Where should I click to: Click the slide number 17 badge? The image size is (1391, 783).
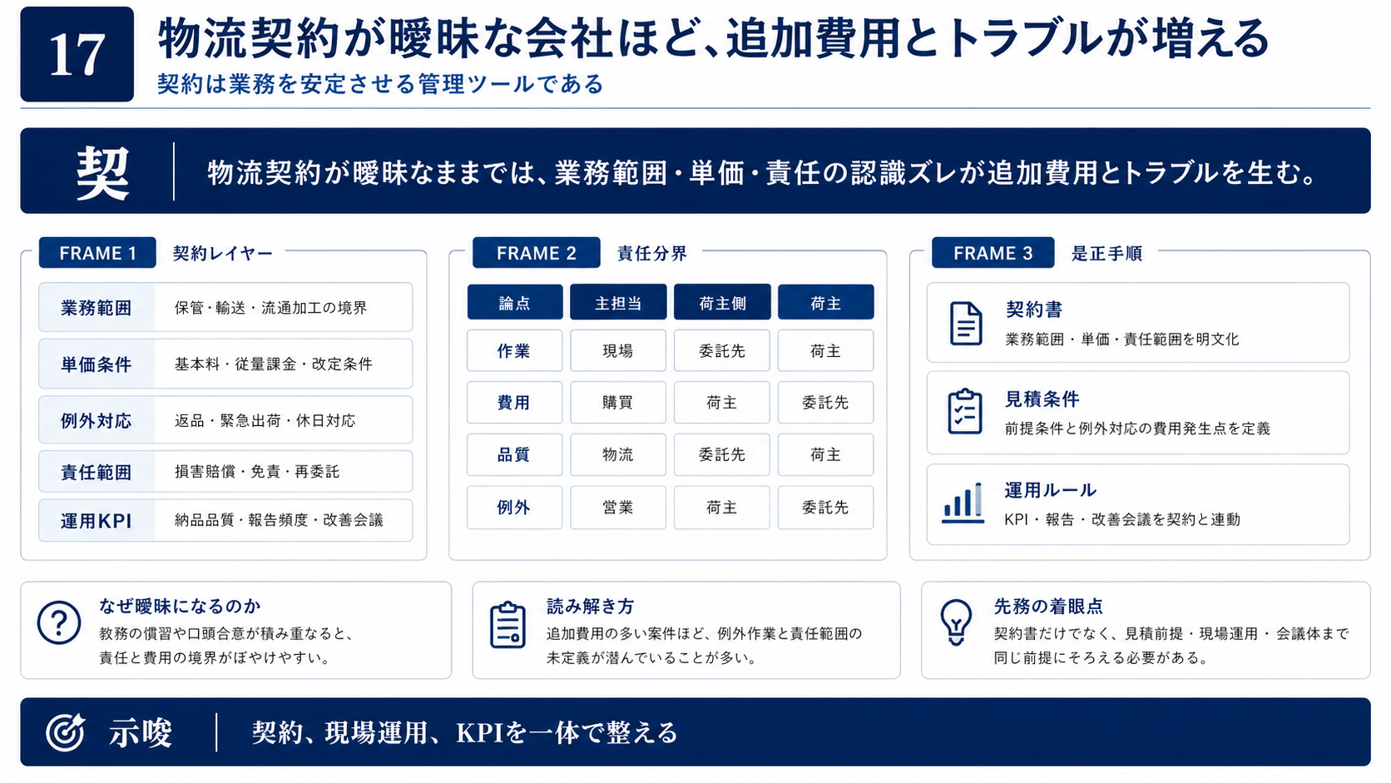point(77,54)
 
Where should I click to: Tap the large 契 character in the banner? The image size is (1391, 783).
point(102,173)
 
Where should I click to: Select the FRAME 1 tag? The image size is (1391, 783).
point(97,253)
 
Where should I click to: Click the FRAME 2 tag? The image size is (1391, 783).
point(537,253)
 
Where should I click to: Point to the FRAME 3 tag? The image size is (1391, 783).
point(993,253)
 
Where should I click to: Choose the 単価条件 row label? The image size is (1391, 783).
point(97,364)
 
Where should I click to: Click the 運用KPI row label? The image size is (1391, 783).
point(97,520)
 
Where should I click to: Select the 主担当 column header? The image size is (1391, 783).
point(618,302)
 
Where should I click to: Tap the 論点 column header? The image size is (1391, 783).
point(515,302)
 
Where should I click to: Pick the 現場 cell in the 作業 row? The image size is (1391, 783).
point(618,351)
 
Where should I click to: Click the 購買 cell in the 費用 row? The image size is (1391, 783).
point(618,403)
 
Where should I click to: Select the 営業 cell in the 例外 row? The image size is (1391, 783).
point(618,508)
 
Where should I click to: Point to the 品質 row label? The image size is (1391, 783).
point(515,454)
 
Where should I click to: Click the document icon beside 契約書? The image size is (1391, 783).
point(966,324)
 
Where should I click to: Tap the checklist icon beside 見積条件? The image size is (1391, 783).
point(965,411)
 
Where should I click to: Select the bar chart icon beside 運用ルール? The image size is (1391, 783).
point(963,503)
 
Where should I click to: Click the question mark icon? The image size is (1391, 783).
point(59,622)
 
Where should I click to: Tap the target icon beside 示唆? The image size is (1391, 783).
point(65,732)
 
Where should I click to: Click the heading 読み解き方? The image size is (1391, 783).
point(591,606)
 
